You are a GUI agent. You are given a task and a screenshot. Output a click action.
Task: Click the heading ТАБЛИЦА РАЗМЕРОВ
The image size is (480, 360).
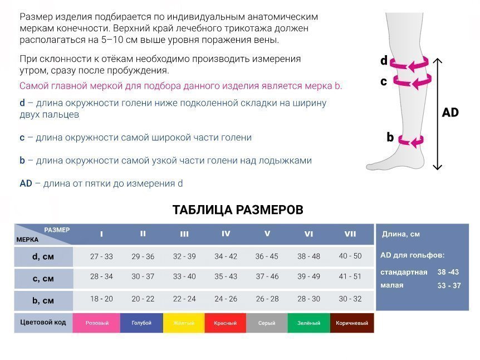pyautogui.click(x=238, y=210)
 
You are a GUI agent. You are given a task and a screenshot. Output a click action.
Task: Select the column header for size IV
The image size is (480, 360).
pyautogui.click(x=226, y=233)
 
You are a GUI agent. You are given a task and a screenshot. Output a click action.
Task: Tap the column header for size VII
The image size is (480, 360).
pyautogui.click(x=350, y=233)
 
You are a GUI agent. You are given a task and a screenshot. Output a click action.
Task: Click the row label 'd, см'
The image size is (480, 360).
pyautogui.click(x=43, y=256)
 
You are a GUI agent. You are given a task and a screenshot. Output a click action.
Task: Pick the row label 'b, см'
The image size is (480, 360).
pyautogui.click(x=43, y=300)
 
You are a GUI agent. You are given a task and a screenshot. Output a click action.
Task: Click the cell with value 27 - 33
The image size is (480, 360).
pyautogui.click(x=101, y=256)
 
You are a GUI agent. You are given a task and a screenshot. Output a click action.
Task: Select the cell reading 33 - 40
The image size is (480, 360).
pyautogui.click(x=184, y=276)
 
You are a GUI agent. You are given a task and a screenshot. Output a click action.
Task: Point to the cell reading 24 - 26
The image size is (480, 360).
pyautogui.click(x=226, y=299)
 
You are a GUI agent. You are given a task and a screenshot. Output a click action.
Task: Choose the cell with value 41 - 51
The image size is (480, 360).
pyautogui.click(x=350, y=276)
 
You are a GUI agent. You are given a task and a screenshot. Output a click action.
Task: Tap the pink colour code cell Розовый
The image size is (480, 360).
pyautogui.click(x=97, y=323)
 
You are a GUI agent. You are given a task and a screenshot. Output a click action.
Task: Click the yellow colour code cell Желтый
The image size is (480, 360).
pyautogui.click(x=184, y=323)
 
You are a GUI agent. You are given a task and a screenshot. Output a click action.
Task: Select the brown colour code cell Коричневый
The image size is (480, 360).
pyautogui.click(x=352, y=323)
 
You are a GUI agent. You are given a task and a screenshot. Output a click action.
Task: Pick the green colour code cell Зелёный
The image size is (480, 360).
pyautogui.click(x=309, y=323)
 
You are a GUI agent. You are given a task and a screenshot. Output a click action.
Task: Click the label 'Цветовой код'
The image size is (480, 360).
pyautogui.click(x=43, y=322)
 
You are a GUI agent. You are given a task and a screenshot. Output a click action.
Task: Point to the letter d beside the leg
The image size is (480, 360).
pyautogui.click(x=384, y=60)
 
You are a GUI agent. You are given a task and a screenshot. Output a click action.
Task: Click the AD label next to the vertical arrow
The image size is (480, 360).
pyautogui.click(x=450, y=113)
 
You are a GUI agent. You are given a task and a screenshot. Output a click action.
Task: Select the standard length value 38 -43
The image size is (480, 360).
pyautogui.click(x=448, y=272)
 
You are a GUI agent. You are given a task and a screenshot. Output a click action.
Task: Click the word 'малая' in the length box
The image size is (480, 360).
pyautogui.click(x=392, y=285)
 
